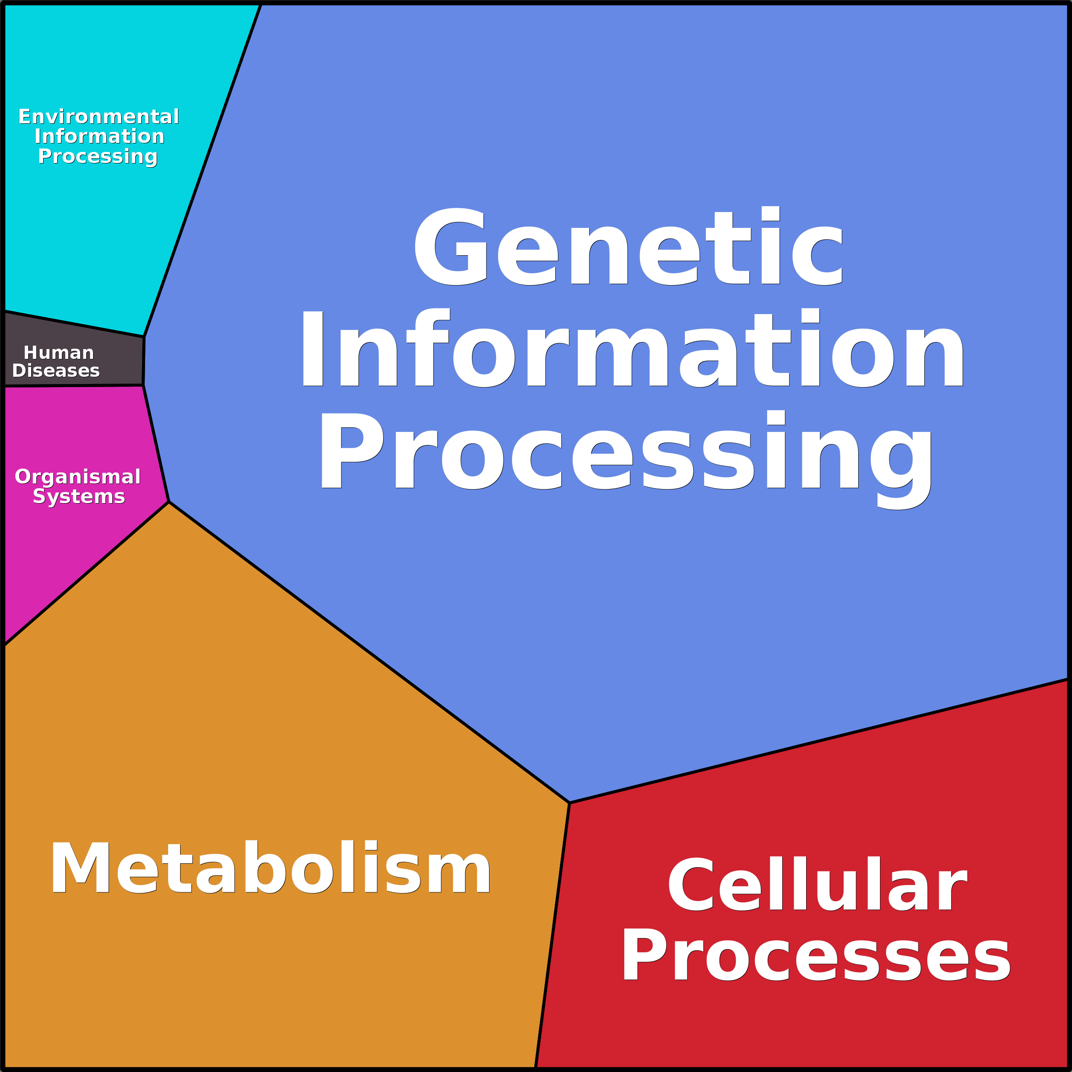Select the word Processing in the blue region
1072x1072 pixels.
pos(626,452)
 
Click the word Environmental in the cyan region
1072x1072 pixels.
pos(99,117)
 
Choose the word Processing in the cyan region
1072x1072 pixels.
pos(98,157)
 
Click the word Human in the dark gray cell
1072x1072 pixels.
pos(59,353)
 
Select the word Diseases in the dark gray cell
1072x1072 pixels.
pos(56,371)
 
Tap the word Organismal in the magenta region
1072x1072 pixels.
pos(78,477)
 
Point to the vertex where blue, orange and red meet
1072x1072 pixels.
pos(569,803)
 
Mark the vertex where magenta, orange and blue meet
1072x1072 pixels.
pos(169,501)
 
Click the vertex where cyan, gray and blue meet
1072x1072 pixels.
pos(144,337)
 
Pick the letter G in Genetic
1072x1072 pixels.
pos(451,247)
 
